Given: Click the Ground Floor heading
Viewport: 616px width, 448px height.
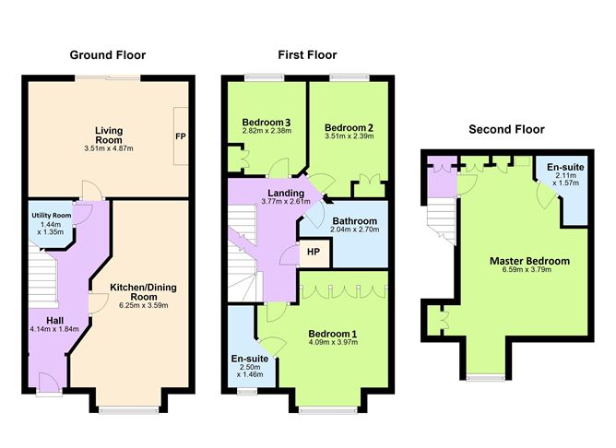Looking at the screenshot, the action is [x=108, y=55].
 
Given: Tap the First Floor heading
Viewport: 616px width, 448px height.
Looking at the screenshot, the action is [x=307, y=55].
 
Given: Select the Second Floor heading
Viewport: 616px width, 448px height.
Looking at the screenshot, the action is [x=506, y=129].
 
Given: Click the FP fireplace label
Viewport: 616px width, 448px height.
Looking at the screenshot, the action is [x=181, y=136].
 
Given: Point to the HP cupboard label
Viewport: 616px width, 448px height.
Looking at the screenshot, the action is [x=314, y=252].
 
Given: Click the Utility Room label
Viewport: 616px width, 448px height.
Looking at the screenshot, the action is [x=52, y=215].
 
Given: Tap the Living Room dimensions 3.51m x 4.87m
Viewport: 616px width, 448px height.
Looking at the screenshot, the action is [x=109, y=148].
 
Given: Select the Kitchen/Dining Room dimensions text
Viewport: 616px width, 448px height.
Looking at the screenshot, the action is [x=144, y=305].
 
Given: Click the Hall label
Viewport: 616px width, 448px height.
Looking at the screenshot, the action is [x=54, y=321].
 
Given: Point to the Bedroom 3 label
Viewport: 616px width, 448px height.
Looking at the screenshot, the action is [x=267, y=122].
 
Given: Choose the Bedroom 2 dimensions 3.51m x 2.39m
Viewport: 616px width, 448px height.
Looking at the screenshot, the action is [x=349, y=136].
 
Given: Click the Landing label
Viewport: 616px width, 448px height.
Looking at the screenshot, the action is [x=286, y=194].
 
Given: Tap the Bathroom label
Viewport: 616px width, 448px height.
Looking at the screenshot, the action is [x=355, y=221].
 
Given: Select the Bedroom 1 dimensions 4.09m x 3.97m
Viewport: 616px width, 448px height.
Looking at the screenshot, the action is [x=333, y=342].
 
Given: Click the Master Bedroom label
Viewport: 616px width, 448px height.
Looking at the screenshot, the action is [x=529, y=261].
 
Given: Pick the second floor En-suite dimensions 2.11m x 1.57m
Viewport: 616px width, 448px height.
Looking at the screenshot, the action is [x=565, y=179].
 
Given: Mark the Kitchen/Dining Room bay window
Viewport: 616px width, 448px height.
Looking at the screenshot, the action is [x=128, y=410].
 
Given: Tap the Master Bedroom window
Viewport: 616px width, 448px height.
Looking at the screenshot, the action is [x=486, y=378].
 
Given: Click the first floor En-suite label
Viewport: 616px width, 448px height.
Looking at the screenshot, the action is [x=250, y=359].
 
